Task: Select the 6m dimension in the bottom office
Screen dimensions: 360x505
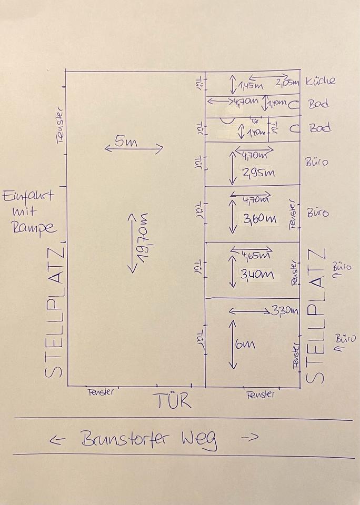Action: (245, 345)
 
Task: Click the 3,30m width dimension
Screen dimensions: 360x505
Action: (284, 310)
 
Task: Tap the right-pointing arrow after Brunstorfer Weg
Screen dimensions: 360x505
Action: (252, 437)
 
